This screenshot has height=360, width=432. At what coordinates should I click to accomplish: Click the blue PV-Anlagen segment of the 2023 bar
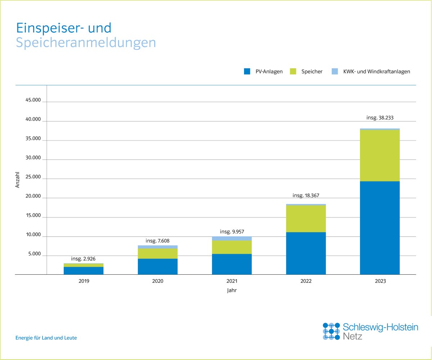[x=380, y=228]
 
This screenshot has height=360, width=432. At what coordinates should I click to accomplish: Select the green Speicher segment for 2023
[x=380, y=156]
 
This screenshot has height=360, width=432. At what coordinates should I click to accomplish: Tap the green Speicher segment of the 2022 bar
[x=306, y=219]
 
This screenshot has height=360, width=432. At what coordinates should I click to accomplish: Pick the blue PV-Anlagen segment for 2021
[x=232, y=264]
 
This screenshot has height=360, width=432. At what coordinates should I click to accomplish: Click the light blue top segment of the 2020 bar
[x=158, y=247]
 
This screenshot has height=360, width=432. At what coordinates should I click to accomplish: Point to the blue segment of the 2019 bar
[x=84, y=271]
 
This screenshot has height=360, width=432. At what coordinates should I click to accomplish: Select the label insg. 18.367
[x=306, y=195]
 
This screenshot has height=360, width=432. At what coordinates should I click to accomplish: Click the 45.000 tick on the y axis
[x=33, y=100]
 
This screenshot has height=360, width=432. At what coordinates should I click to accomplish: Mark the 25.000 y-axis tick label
[x=33, y=178]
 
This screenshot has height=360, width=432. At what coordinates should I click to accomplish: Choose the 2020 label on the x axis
[x=158, y=281]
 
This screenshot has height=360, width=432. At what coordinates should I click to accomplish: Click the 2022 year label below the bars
[x=306, y=281]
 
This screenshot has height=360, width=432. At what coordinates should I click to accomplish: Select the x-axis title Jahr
[x=232, y=290]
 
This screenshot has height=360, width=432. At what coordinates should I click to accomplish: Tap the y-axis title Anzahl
[x=17, y=179]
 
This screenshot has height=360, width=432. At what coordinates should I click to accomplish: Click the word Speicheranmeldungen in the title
[x=86, y=42]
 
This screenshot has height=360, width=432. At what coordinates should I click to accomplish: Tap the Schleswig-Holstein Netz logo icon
[x=331, y=331]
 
